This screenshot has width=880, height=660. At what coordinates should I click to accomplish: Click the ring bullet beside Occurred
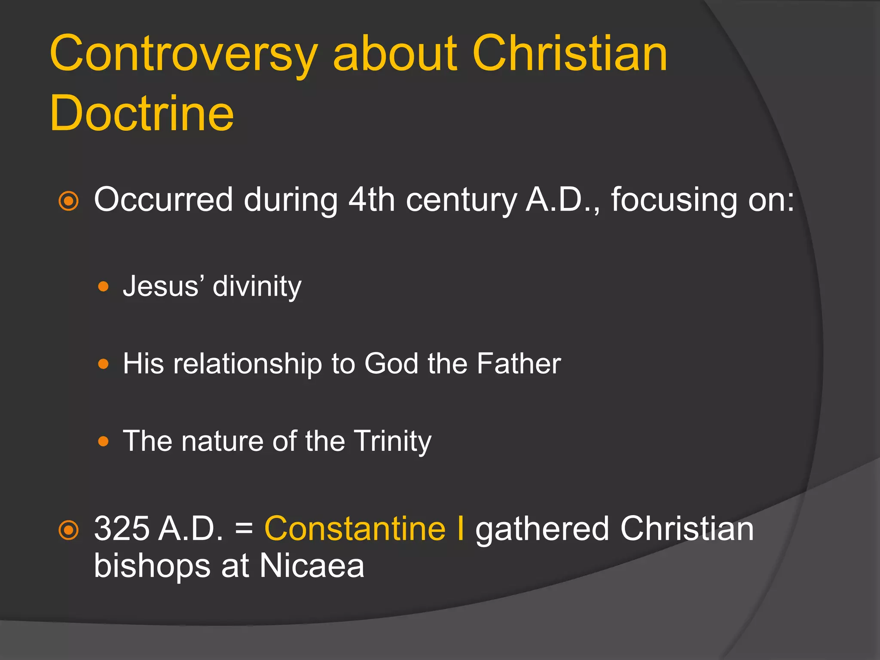69,201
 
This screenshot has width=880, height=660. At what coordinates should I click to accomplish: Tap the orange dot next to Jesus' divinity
103,287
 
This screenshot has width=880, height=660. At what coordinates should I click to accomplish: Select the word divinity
257,287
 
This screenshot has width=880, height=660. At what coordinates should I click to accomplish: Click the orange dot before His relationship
103,364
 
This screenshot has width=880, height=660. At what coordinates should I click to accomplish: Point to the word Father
519,364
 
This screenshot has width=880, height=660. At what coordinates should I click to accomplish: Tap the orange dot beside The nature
103,441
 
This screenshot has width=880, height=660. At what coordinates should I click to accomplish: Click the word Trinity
393,442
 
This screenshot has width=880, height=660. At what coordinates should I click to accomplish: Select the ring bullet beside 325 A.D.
69,530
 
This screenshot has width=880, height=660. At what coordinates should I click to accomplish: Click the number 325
121,529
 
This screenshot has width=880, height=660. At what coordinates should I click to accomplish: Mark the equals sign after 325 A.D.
244,529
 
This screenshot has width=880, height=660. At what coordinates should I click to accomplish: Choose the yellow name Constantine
355,529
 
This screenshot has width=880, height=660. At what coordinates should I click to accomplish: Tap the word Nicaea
312,566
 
